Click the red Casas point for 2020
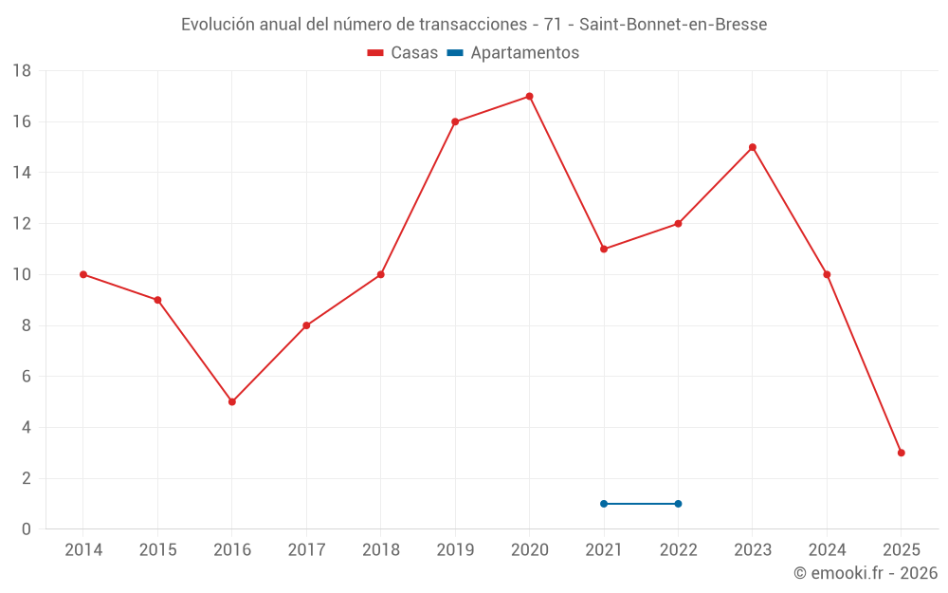[x=529, y=96]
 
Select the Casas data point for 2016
[x=232, y=401]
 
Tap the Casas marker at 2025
[x=901, y=453]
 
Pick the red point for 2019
[x=455, y=121]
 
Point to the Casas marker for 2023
[x=753, y=147]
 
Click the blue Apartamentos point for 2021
[x=604, y=504]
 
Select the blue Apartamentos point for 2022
[x=678, y=504]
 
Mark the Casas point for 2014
[x=83, y=274]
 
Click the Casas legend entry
[x=403, y=53]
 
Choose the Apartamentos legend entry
[x=513, y=53]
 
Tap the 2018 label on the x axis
[x=380, y=550]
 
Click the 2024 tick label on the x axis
[x=827, y=550]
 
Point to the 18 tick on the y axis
[x=22, y=71]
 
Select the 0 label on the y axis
[x=27, y=529]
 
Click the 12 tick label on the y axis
[x=22, y=224]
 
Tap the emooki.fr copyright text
[x=866, y=573]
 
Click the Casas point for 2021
[x=604, y=249]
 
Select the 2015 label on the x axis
[x=157, y=550]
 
